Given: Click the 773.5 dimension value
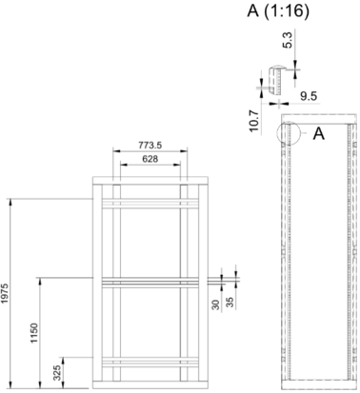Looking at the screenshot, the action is click(x=150, y=145).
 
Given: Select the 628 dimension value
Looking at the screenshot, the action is click(x=150, y=159).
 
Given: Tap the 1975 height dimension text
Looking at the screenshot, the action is click(x=5, y=293).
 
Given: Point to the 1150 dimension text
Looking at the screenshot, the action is click(x=34, y=333).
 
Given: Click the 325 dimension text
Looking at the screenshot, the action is click(x=57, y=373).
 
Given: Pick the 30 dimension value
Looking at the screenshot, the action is click(x=216, y=305).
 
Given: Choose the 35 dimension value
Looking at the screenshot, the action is click(x=230, y=302).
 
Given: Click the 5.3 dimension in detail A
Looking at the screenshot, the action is click(x=288, y=41).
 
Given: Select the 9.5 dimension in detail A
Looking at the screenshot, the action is click(x=309, y=96).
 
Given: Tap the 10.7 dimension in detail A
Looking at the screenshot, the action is click(x=254, y=121).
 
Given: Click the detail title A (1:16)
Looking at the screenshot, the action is click(x=278, y=11).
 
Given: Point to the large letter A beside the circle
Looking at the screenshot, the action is click(x=319, y=133).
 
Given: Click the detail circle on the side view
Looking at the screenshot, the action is click(x=278, y=133).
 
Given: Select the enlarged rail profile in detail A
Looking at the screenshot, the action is click(x=276, y=81).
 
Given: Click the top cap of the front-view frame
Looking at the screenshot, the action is click(x=150, y=181).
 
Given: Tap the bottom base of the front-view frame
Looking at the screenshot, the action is click(x=150, y=384).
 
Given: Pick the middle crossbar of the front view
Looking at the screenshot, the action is click(x=150, y=283).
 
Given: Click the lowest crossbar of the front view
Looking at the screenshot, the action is click(x=150, y=363).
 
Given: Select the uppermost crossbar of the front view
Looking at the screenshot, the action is click(x=150, y=204).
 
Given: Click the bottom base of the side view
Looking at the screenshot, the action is click(x=319, y=384).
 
